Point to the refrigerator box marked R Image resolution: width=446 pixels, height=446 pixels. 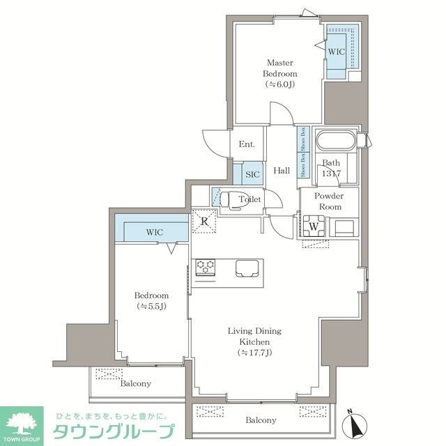(x=205, y=222)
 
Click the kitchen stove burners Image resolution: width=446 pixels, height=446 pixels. (x=206, y=265)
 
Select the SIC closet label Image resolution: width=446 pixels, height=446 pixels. (x=252, y=174)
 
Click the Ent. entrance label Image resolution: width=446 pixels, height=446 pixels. (x=247, y=145)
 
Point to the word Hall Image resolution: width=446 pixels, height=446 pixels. (x=282, y=171)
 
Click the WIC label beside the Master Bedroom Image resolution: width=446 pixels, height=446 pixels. (x=337, y=52)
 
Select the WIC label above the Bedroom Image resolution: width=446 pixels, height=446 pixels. (x=154, y=232)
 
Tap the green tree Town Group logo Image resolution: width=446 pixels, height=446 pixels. (x=22, y=423)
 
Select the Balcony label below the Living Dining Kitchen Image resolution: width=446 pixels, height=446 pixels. (x=260, y=420)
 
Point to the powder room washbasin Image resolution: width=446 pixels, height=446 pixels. (x=344, y=227)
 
